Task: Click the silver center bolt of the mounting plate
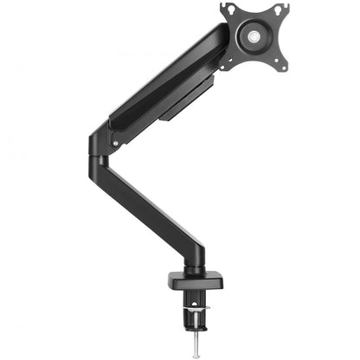(254, 37)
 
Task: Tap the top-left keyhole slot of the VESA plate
(228, 10)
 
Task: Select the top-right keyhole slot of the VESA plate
(280, 10)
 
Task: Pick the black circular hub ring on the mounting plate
(254, 37)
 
